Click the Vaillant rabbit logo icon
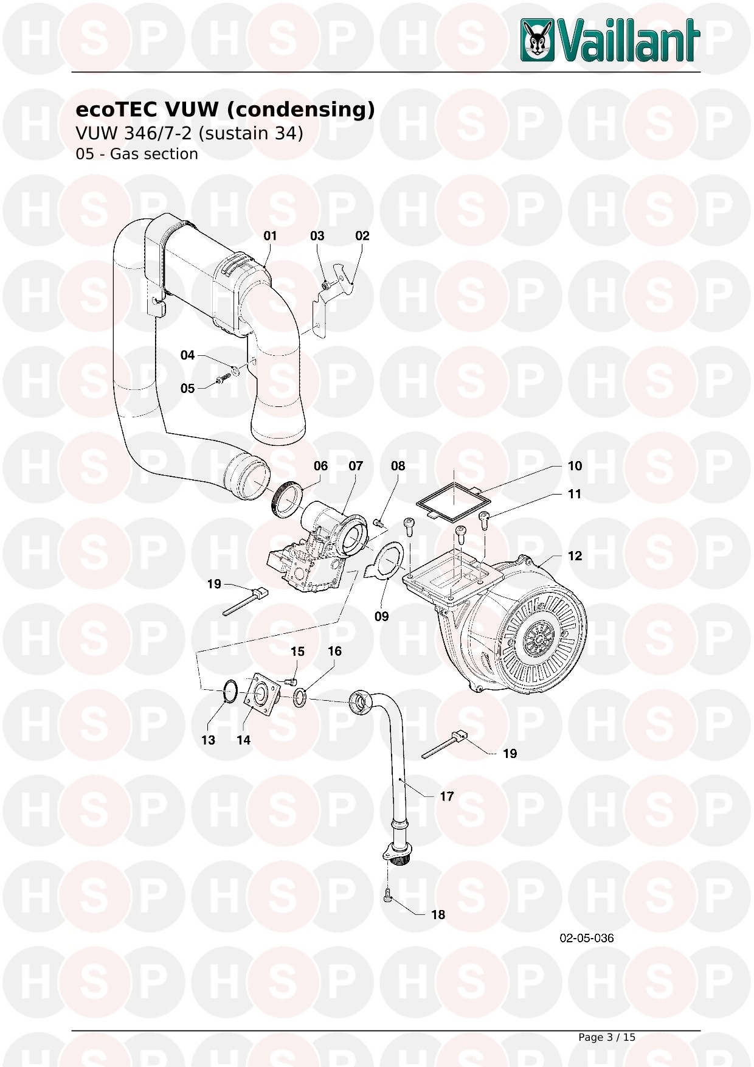pos(538,40)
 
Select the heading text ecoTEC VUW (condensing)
pos(225,109)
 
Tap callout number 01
pos(270,236)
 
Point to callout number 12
pos(575,556)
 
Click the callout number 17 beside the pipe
pos(447,796)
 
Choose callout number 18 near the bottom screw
pos(438,915)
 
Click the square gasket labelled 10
pos(453,502)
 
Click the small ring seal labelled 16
pos(300,698)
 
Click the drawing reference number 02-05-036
pos(587,938)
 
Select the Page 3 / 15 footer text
pos(607,1037)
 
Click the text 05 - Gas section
pos(137,154)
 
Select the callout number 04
pos(187,355)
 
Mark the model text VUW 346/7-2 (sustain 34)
pos(189,133)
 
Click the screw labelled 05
pos(221,381)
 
